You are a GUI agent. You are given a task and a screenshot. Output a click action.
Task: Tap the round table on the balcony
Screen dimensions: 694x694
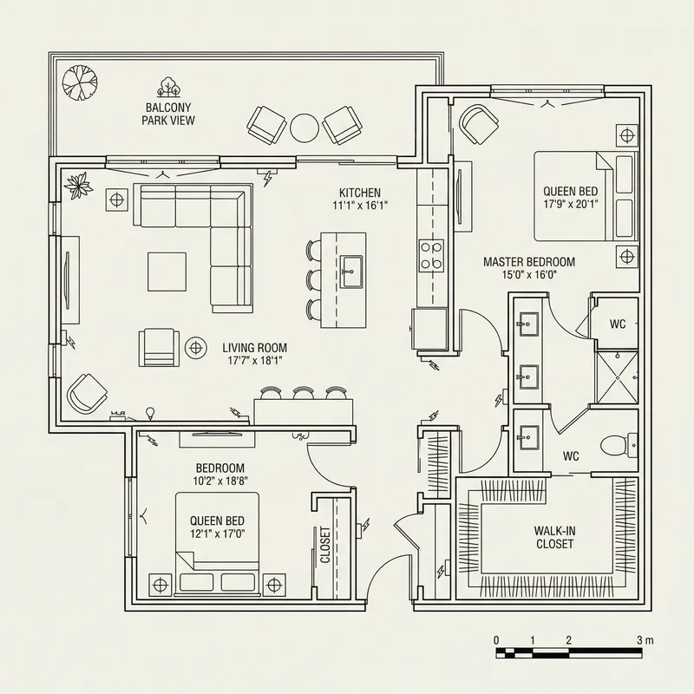coord(305,128)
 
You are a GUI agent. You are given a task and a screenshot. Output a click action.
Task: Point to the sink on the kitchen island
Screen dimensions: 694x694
coord(351,270)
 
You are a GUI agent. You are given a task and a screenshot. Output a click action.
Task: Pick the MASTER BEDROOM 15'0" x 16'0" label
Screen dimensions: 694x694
coord(529,267)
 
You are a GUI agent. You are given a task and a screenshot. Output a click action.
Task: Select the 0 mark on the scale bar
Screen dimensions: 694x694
coord(497,639)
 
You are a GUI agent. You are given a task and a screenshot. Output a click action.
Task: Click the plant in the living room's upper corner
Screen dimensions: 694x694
coord(82,184)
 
